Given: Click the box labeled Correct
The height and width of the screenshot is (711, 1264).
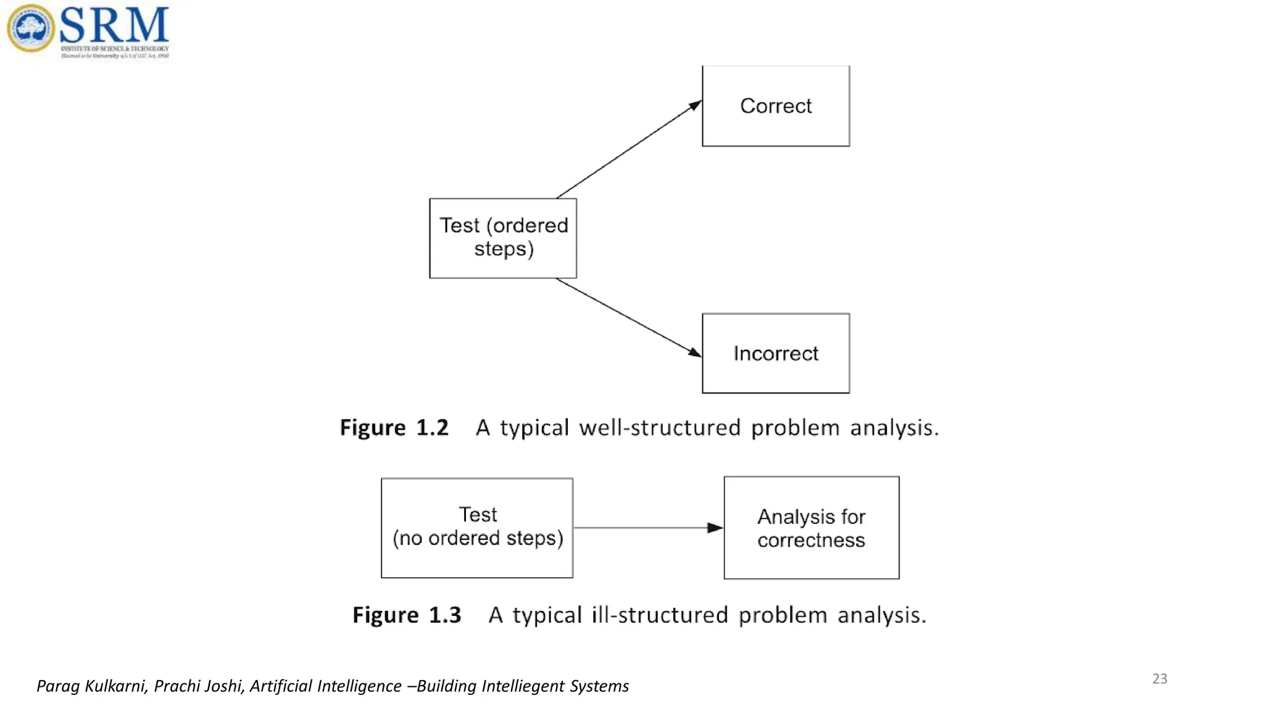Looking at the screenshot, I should click(x=775, y=106).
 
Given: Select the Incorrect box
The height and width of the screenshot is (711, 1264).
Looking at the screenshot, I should click(x=775, y=353).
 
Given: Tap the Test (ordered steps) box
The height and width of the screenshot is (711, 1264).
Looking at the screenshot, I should click(x=503, y=238).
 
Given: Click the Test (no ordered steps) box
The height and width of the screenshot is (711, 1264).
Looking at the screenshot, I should click(x=477, y=528).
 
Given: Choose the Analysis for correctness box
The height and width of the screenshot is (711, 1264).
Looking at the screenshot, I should click(x=811, y=528).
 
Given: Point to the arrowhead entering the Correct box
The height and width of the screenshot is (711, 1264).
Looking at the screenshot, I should click(x=696, y=106).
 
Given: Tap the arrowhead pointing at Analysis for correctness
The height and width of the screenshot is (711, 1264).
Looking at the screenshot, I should click(x=715, y=528).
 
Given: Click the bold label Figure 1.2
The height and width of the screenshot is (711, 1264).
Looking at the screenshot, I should click(x=394, y=428).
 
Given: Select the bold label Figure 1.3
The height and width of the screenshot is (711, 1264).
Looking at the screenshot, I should click(x=407, y=615).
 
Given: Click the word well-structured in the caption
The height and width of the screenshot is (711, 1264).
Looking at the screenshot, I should click(x=659, y=428).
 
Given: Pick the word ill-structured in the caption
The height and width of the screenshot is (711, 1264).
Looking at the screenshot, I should click(x=659, y=615).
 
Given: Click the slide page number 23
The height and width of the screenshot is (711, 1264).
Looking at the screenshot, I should click(x=1159, y=679).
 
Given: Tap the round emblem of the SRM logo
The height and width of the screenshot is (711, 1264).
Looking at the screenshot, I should click(x=31, y=28).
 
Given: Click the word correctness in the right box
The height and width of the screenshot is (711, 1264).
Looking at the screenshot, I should click(x=811, y=541).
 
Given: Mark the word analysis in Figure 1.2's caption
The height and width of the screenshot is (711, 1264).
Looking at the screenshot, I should click(x=894, y=428).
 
